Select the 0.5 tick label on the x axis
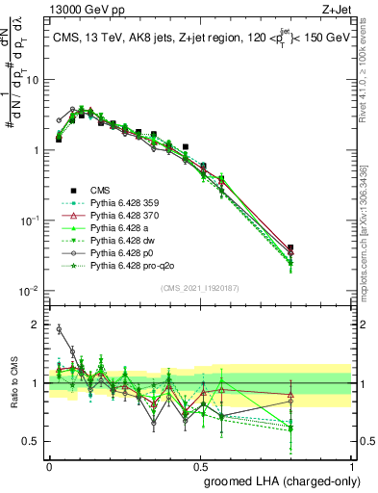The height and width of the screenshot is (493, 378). point(200,463)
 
